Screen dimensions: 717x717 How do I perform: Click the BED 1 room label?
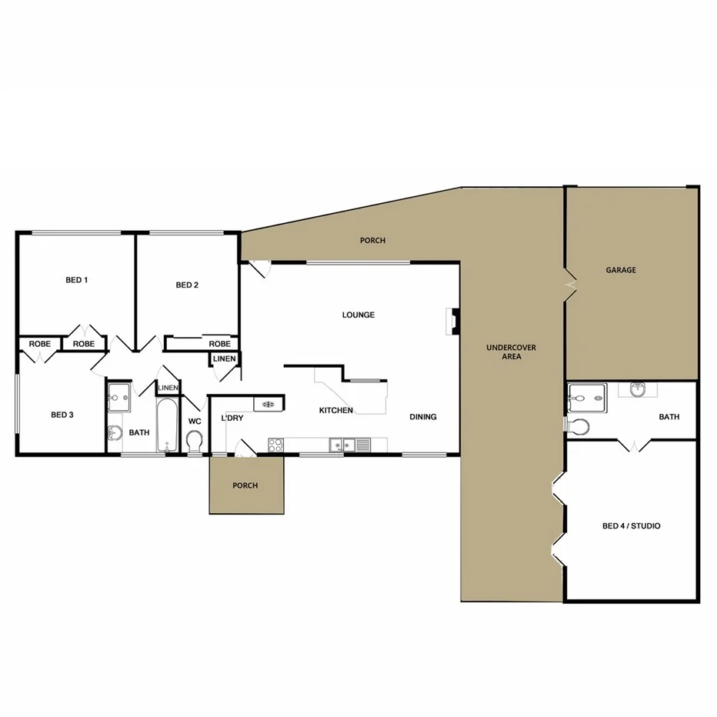[76, 280]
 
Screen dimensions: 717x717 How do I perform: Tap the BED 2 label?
[187, 285]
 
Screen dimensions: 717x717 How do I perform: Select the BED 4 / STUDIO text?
[631, 526]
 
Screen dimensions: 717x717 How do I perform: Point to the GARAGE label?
[620, 270]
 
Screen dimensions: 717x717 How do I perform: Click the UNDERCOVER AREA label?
[511, 352]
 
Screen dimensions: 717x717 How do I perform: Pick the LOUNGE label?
[358, 315]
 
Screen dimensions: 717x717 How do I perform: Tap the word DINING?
[422, 417]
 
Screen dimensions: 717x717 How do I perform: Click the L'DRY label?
[232, 417]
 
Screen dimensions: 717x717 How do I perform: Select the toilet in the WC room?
[194, 441]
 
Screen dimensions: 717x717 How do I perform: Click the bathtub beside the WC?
[167, 425]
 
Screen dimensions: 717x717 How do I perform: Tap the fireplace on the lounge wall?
[455, 321]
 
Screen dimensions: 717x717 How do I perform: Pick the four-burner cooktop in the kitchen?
[275, 444]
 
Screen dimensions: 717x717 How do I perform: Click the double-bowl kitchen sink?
[343, 444]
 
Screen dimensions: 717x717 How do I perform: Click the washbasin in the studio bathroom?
[638, 389]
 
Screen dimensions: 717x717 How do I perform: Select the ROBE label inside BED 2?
[219, 344]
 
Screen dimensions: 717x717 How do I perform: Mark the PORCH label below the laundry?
[245, 485]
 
